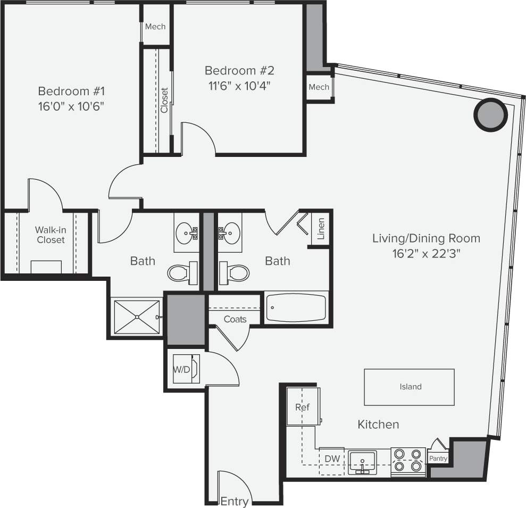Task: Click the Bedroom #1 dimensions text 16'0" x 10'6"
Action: coord(70,106)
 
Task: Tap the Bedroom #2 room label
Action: coord(239,70)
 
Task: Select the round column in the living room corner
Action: coord(489,115)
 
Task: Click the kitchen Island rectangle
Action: coord(409,387)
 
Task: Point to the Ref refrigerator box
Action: coord(303,407)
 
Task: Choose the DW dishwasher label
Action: coord(331,459)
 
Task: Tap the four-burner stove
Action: coord(408,461)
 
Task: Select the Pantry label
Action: coord(438,459)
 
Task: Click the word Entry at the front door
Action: coord(235,501)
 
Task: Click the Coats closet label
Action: coord(235,319)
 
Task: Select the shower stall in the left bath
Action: coord(137,317)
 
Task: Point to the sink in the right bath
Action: coord(230,232)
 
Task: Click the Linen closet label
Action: coord(321,229)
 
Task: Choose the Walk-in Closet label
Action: coord(50,235)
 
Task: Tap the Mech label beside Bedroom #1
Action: coord(155,27)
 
